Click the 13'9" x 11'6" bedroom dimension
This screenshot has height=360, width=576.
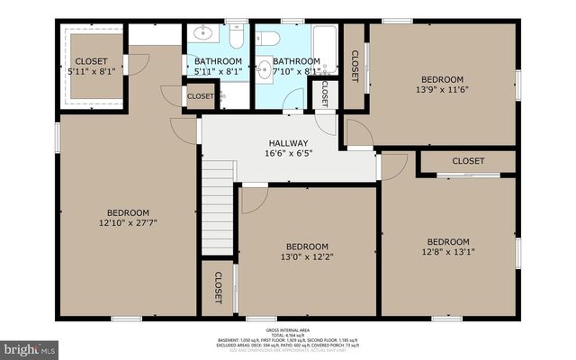(443, 89)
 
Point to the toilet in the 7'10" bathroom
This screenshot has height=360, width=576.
(271, 38)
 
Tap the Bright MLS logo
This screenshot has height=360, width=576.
(30, 346)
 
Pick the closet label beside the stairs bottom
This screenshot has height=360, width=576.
(218, 287)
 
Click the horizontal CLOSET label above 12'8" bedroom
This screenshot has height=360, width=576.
(468, 161)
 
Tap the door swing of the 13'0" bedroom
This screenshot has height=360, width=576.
(253, 199)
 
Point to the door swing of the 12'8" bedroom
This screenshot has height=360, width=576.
(393, 165)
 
